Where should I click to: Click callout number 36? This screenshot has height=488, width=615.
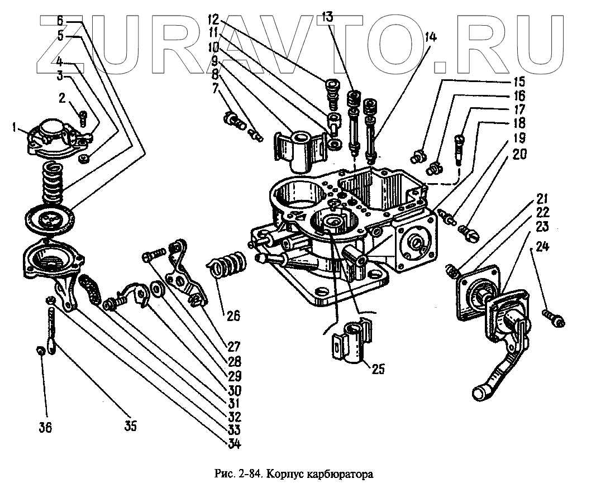[x=45, y=428]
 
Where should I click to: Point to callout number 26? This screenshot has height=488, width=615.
[x=233, y=315]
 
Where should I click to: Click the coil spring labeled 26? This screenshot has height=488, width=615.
[x=227, y=264]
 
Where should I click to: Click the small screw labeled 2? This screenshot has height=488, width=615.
[x=83, y=118]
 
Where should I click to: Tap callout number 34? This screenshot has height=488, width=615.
[x=233, y=444]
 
